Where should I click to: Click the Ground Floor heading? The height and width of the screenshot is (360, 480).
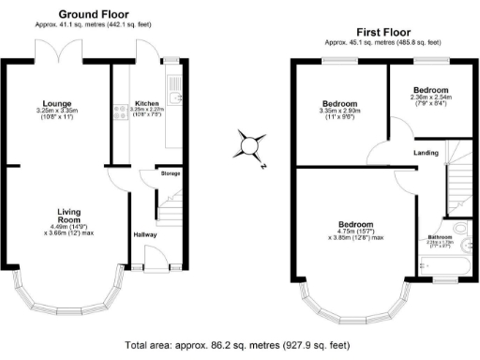tap(94, 14)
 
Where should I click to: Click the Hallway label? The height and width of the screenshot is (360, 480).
tap(144, 234)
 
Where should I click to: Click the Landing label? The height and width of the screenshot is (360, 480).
tap(427, 152)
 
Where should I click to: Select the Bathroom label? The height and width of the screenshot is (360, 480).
tap(440, 237)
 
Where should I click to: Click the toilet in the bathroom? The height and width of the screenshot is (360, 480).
tap(461, 230)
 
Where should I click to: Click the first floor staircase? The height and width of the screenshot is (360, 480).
tap(457, 178)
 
